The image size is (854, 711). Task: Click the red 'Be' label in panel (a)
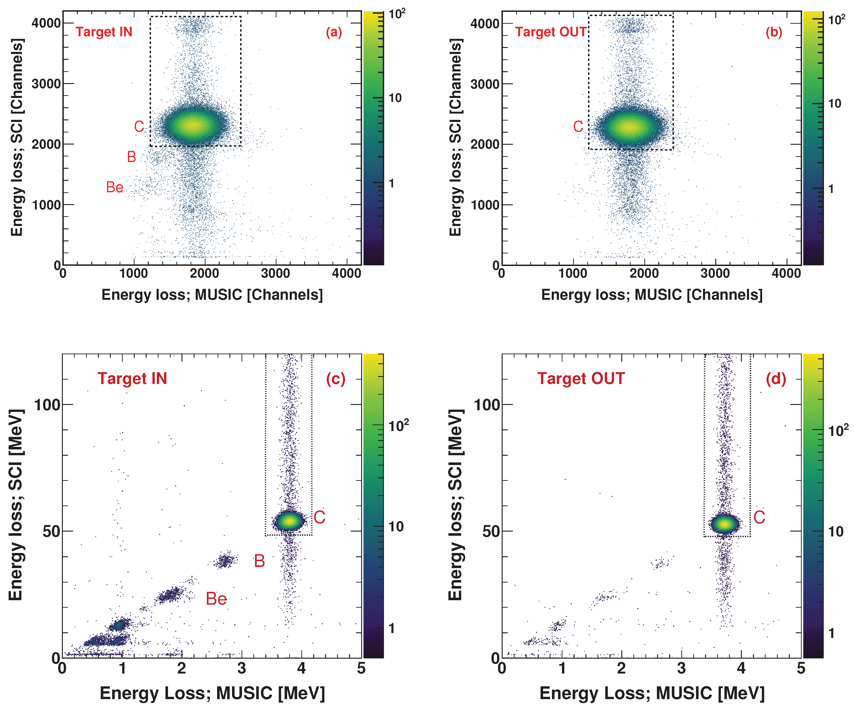pos(115,188)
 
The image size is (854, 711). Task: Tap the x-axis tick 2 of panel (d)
pos(621,668)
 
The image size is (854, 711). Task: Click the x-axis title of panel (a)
pos(212,294)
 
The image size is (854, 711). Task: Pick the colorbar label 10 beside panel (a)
pos(395,98)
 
